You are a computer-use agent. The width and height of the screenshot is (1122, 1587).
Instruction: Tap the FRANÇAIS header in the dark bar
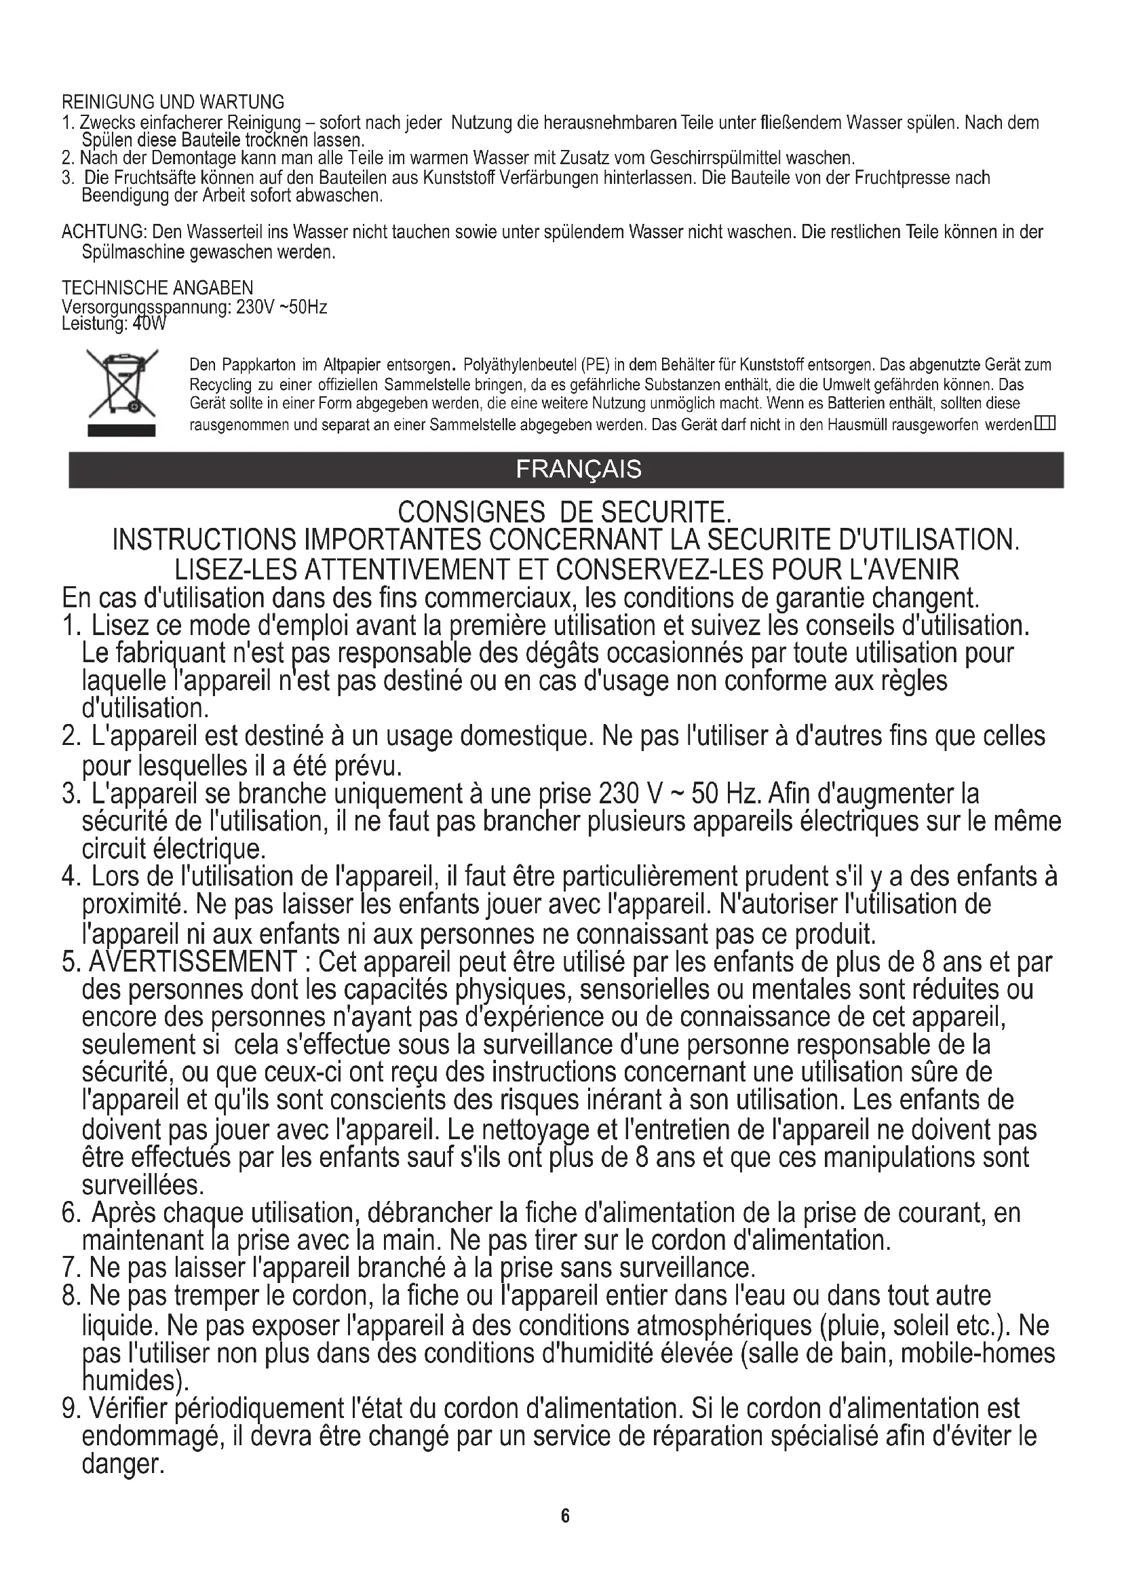coord(578,470)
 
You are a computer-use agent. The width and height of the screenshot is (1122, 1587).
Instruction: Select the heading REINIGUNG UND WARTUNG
coord(173,102)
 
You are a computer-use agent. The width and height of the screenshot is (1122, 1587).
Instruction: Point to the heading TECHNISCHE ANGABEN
coord(157,288)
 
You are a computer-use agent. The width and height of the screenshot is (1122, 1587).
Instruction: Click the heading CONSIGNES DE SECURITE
coord(564,512)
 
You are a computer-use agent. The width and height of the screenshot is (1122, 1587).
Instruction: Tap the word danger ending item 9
coord(122,1464)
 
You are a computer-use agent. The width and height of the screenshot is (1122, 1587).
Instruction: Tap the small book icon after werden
coord(1045,423)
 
